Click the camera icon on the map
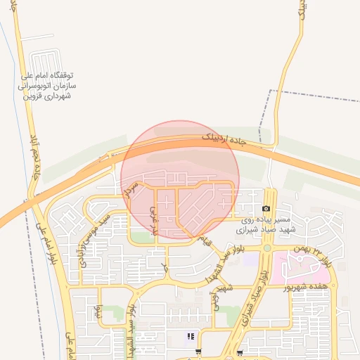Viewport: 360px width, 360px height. (266, 209)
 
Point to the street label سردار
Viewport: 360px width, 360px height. (128, 186)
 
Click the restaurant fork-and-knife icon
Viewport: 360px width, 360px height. (190, 337)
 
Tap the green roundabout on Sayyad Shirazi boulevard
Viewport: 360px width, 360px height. (267, 247)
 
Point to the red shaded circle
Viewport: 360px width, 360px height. (180, 179)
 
